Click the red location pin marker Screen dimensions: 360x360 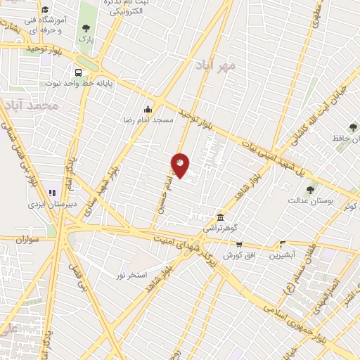[x=181, y=164]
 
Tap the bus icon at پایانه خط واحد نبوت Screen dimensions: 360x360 [x=77, y=72]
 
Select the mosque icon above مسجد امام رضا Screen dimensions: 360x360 [x=148, y=109]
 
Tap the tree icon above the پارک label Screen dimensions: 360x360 [x=86, y=29]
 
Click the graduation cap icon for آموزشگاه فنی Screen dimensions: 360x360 [x=45, y=10]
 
